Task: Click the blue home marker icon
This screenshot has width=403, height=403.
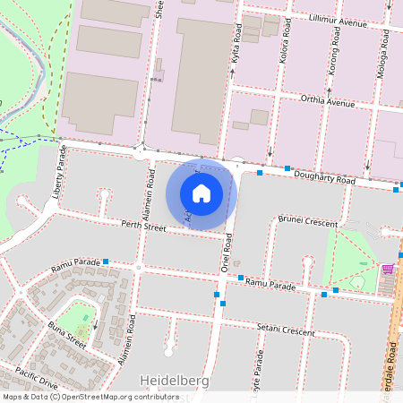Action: pos(201,193)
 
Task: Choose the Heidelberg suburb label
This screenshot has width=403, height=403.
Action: pos(176,381)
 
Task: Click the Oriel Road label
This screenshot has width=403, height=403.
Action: pos(227,253)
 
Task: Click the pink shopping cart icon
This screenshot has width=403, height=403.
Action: pos(388,269)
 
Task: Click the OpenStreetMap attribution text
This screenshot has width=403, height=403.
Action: pos(90,397)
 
